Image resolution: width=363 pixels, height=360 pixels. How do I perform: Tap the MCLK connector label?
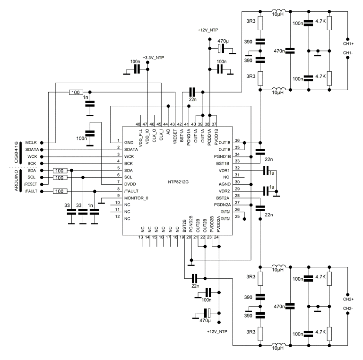31,142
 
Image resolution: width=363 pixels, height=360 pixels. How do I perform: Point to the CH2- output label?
348,309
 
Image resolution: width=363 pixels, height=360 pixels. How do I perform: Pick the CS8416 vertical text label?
17,153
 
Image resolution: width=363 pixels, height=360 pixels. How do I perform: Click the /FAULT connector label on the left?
31,191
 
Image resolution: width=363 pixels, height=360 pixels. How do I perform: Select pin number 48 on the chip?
138,123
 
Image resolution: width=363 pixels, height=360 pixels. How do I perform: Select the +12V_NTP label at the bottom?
218,332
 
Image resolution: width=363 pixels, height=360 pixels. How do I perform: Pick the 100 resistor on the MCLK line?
75,92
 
